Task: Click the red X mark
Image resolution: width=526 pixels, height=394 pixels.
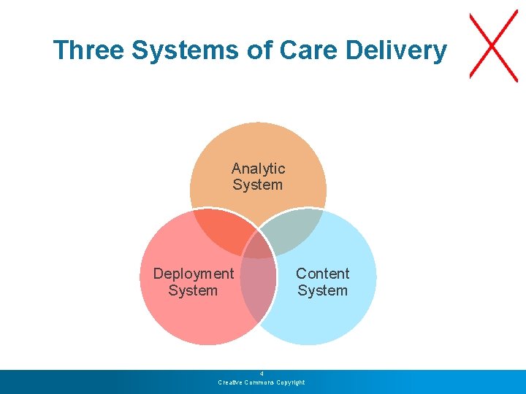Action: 493,45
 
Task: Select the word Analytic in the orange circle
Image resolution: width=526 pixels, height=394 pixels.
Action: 258,169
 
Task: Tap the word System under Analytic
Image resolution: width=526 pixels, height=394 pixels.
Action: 258,185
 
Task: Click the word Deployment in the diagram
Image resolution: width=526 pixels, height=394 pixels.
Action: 193,274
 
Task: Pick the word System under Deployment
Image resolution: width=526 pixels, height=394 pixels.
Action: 193,290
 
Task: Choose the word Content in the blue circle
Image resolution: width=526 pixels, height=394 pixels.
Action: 322,274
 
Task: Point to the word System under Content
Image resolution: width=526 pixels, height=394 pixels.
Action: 322,290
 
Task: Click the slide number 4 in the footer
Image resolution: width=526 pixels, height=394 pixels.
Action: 262,374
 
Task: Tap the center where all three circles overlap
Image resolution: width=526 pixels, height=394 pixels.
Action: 258,247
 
